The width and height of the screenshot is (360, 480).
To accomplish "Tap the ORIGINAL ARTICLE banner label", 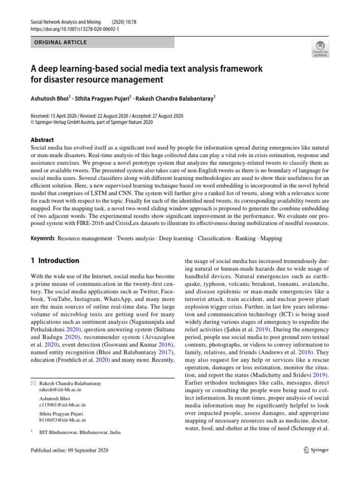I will point(59,43).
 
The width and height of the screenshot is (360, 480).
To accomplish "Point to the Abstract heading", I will point(42,140).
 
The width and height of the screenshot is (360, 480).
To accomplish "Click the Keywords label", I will point(42,238).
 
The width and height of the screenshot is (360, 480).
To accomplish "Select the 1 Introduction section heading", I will point(55,261).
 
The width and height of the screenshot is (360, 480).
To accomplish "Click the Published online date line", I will point(69,450).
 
